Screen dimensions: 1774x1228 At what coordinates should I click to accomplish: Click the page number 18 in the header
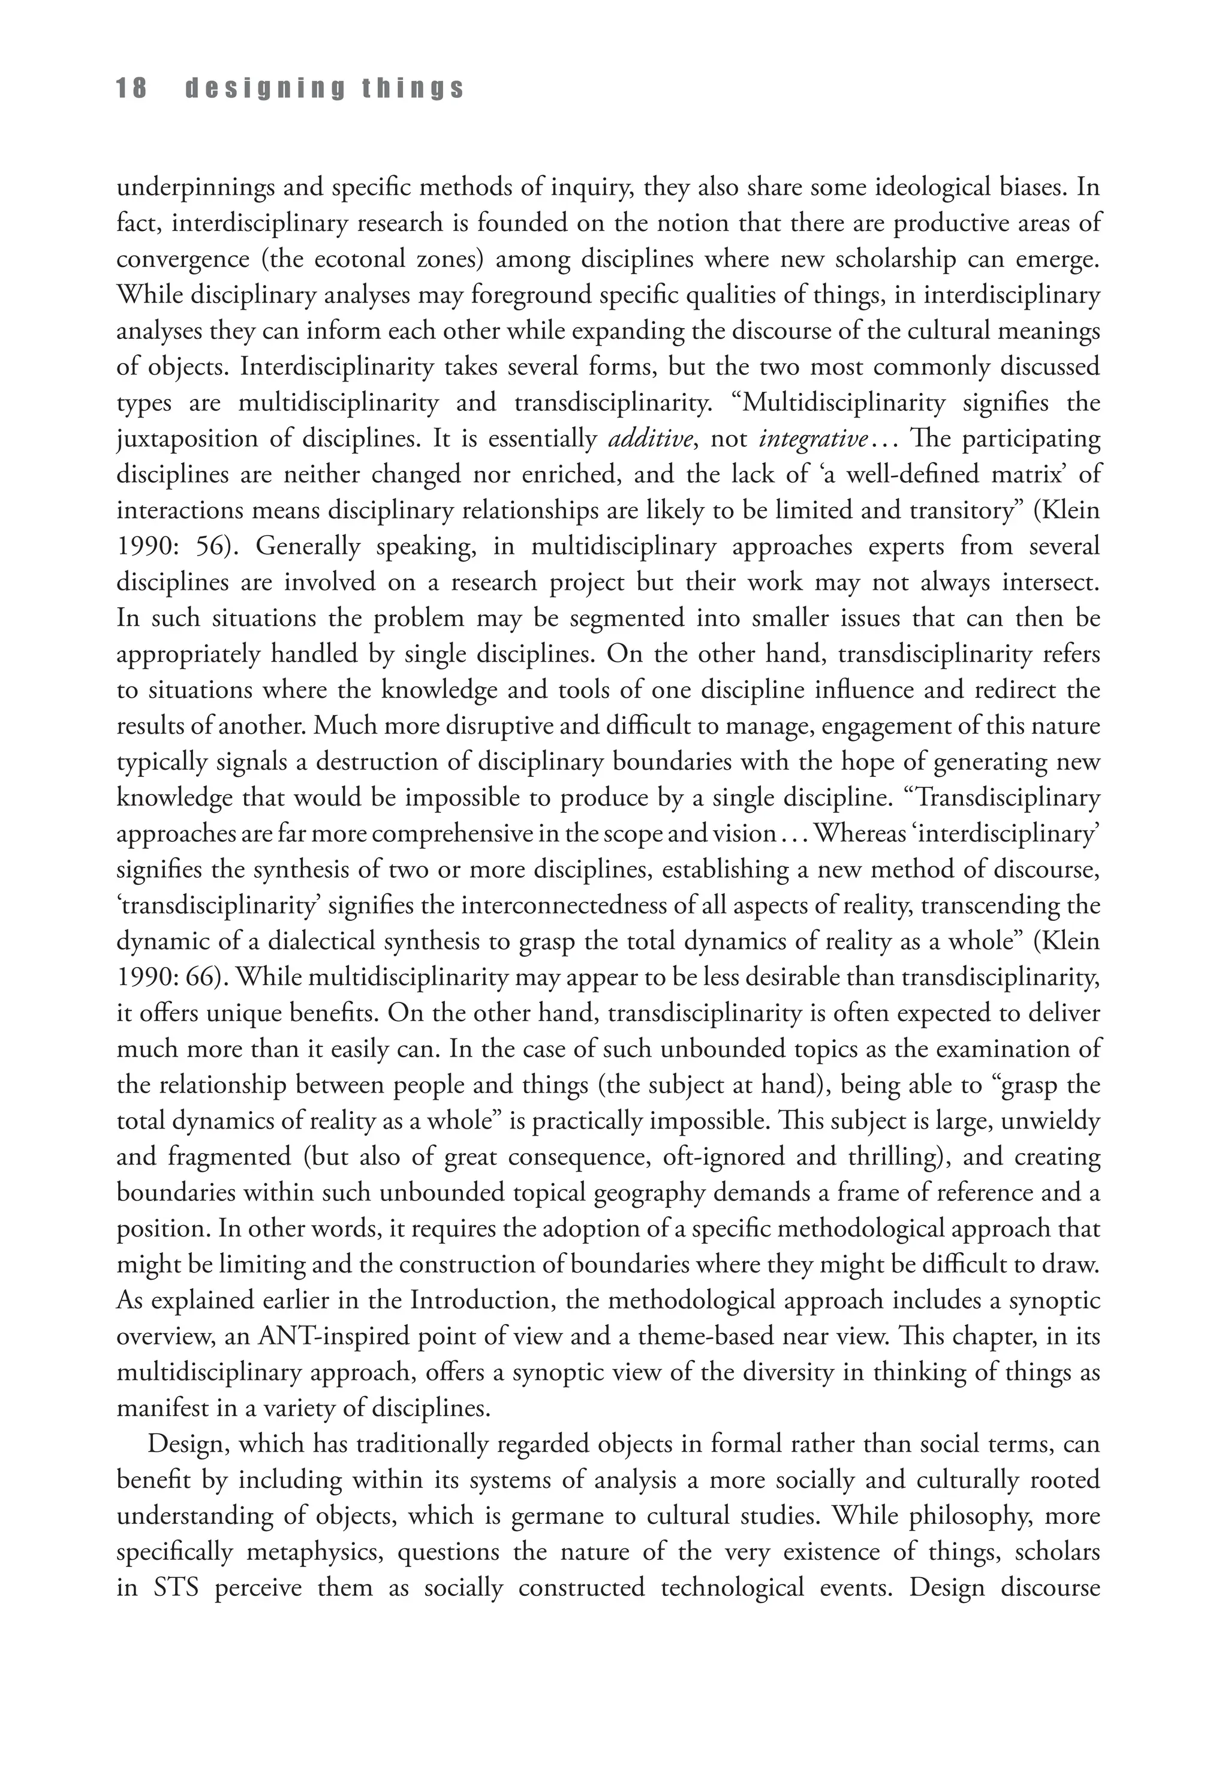pyautogui.click(x=131, y=89)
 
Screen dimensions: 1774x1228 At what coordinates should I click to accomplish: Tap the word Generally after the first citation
pyautogui.click(x=307, y=547)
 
